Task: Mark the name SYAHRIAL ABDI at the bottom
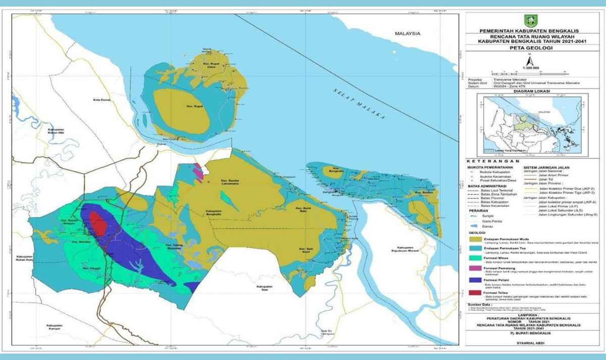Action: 532,343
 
